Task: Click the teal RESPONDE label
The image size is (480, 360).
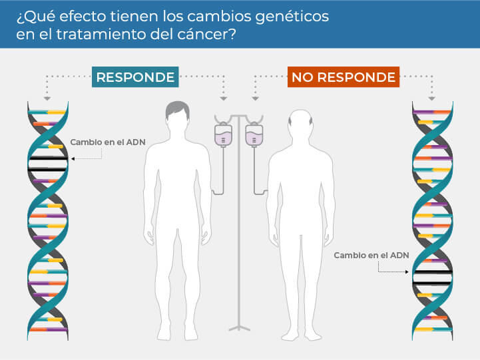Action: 135,77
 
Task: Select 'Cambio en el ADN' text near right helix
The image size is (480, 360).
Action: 371,255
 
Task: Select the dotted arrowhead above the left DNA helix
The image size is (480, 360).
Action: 47,98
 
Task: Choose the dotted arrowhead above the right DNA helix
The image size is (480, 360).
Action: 433,98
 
